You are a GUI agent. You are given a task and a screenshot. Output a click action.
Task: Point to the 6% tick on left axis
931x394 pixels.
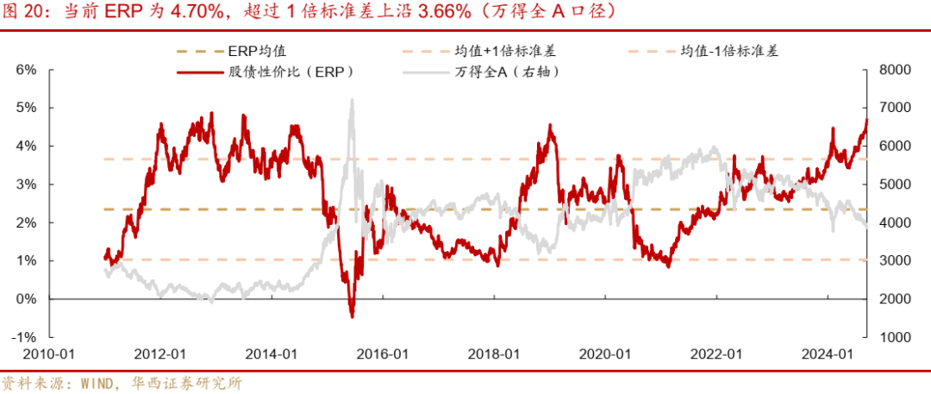(x=27, y=70)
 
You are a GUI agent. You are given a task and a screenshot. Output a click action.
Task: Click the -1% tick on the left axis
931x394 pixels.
(x=25, y=337)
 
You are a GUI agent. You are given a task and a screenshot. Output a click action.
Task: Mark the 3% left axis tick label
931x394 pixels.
(x=27, y=184)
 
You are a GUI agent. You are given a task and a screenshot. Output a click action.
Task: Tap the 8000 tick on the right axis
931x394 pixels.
(x=894, y=70)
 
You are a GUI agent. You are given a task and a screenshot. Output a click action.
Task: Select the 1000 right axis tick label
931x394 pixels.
(x=894, y=337)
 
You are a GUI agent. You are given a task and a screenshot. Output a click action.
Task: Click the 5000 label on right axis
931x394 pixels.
(x=894, y=184)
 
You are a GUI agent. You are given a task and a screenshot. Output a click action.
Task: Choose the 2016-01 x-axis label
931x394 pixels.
(x=383, y=354)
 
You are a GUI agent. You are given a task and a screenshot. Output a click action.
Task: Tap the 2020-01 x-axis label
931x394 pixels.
(x=605, y=354)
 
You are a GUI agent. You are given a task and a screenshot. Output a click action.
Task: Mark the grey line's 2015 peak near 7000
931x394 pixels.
(x=352, y=100)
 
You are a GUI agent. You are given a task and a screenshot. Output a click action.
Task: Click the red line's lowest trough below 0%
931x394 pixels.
(x=352, y=316)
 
